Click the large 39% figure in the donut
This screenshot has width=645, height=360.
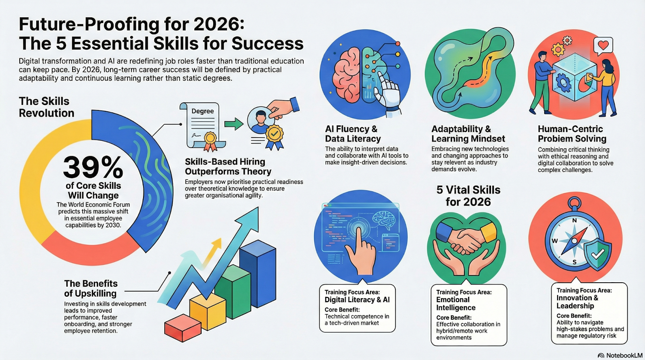point(93,168)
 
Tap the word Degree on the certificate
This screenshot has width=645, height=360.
point(203,111)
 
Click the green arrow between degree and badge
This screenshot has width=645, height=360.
point(233,124)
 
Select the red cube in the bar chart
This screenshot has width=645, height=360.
point(183,328)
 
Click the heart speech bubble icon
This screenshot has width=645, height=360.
point(603,46)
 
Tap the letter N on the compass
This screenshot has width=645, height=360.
point(574,221)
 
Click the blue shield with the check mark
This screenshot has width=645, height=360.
point(597,254)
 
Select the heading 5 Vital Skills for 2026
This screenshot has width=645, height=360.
point(468,196)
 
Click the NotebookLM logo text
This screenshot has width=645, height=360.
point(624,356)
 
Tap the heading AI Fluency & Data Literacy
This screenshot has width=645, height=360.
point(353,133)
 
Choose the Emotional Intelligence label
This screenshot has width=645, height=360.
point(456,304)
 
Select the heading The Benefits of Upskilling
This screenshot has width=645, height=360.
point(91,288)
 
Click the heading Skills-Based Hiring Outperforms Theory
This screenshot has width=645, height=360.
point(228,166)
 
